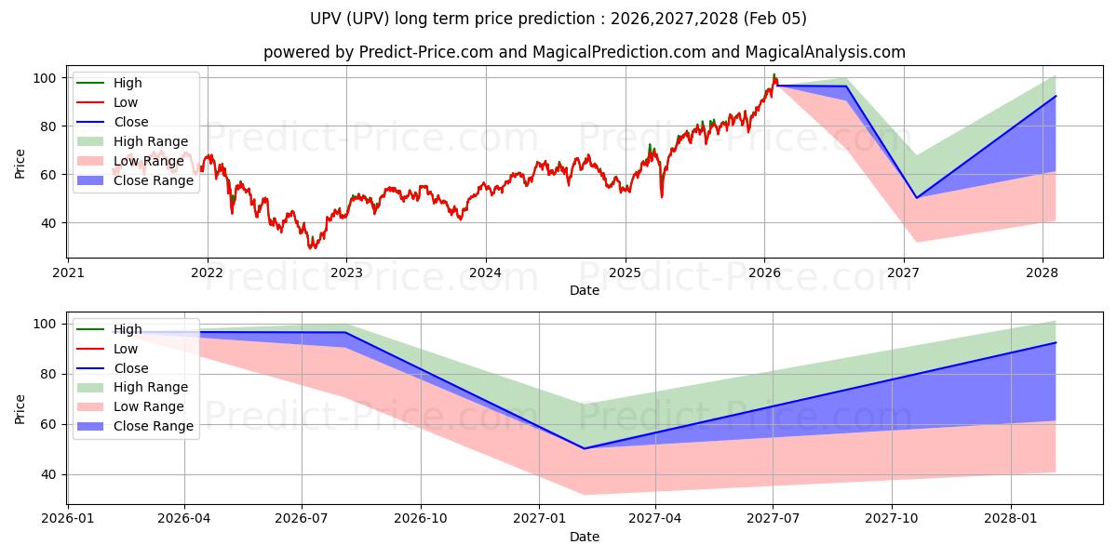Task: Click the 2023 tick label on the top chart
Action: coord(346,272)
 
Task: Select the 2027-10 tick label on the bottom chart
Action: coord(893,518)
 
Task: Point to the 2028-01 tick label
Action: coord(1011,518)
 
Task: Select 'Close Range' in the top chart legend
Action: coord(154,180)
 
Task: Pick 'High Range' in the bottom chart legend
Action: coord(151,387)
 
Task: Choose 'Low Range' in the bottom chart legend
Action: coord(149,406)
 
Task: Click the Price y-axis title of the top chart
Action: coord(20,163)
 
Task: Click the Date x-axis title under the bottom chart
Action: coord(585,537)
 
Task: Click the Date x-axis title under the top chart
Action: coord(585,291)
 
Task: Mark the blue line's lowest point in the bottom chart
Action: coord(585,448)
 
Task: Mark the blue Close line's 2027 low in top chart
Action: coord(916,198)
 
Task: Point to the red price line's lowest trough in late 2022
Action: coord(313,248)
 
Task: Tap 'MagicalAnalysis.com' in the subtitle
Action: coord(826,52)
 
